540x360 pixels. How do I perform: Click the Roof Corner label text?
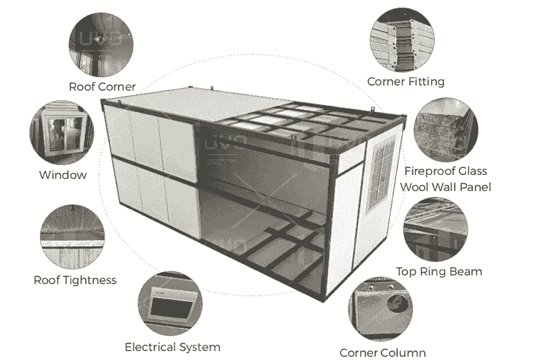pyautogui.click(x=103, y=86)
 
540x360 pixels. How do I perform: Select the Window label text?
pyautogui.click(x=63, y=175)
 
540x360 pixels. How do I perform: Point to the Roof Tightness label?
pyautogui.click(x=75, y=280)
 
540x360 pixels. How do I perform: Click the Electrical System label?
pyautogui.click(x=172, y=347)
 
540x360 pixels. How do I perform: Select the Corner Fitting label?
pyautogui.click(x=406, y=82)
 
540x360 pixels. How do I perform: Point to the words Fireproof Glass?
pyautogui.click(x=446, y=171)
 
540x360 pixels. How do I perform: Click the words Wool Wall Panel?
pyautogui.click(x=446, y=186)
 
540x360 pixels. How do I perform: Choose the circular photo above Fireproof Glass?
pyautogui.click(x=446, y=129)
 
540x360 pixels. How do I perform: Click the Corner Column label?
pyautogui.click(x=382, y=353)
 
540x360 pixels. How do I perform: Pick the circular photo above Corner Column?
pyautogui.click(x=382, y=308)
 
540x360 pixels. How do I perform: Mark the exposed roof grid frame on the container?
pyautogui.click(x=297, y=121)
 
